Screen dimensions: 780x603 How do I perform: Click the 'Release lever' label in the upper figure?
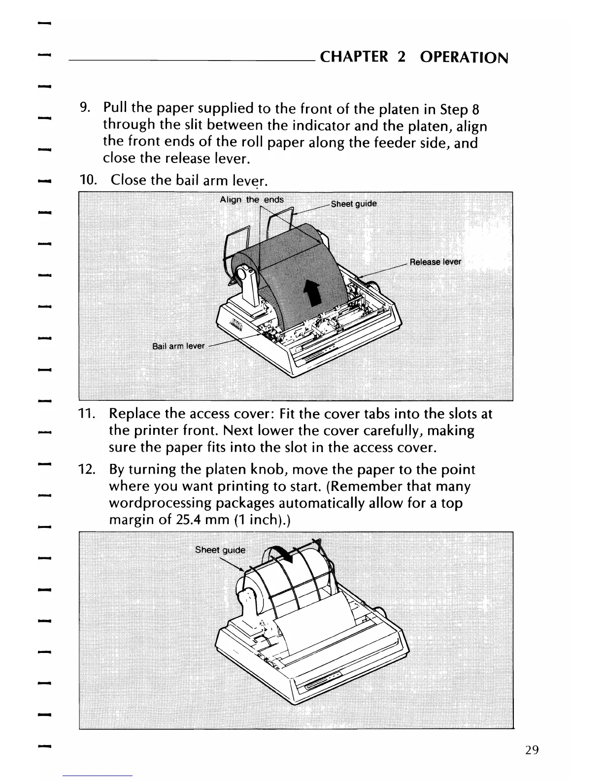click(x=435, y=261)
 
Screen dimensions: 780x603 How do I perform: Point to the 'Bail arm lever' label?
click(x=178, y=346)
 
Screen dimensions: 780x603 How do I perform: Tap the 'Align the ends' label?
click(x=251, y=199)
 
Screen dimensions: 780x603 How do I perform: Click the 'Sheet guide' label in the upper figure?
click(x=354, y=204)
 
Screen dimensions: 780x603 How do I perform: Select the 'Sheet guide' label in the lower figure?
click(x=220, y=550)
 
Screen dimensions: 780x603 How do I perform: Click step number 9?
click(x=85, y=107)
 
